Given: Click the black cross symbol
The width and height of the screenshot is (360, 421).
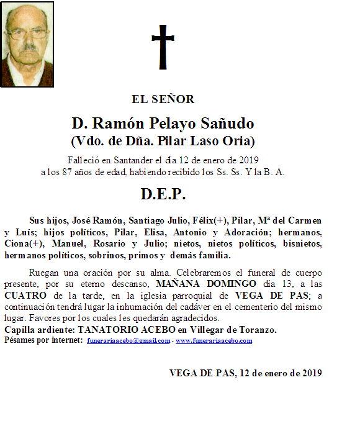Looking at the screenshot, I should pos(163,47).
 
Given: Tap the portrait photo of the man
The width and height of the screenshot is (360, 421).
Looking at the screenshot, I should pos(27,44).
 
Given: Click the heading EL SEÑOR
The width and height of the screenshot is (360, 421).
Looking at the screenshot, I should pos(163,99).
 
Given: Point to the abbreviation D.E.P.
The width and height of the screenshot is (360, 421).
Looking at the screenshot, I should pos(163,194).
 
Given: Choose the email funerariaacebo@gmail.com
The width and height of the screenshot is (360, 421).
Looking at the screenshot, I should pos(127,341).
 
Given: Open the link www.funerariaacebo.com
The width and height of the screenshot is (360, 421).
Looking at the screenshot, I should pos(214,341).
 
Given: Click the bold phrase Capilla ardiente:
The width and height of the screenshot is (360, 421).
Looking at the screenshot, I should pos(38,330).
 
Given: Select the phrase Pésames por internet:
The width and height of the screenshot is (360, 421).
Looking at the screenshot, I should pos(43,341).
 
